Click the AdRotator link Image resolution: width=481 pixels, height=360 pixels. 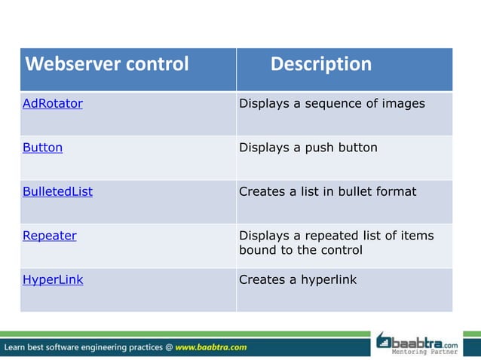[x=52, y=104]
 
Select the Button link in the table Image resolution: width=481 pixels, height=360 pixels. [x=42, y=148]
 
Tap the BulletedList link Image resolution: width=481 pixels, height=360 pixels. [x=57, y=191]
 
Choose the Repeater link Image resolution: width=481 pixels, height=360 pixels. [x=49, y=236]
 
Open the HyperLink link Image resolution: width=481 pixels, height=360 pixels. [x=53, y=279]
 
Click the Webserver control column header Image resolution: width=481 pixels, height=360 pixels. [x=106, y=64]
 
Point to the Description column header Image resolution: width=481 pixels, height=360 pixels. [x=320, y=64]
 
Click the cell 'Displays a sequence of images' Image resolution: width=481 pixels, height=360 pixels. [x=332, y=104]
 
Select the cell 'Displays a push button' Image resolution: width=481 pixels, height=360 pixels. [x=308, y=148]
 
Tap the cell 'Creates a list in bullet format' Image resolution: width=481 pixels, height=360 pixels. [x=327, y=191]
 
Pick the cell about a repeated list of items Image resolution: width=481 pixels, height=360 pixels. [x=336, y=243]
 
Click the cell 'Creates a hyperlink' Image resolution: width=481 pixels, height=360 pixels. [x=297, y=279]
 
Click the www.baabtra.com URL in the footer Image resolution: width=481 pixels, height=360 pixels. [x=211, y=347]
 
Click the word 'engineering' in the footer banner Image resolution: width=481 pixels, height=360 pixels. [x=103, y=347]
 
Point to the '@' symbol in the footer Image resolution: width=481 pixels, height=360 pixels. [x=169, y=347]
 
